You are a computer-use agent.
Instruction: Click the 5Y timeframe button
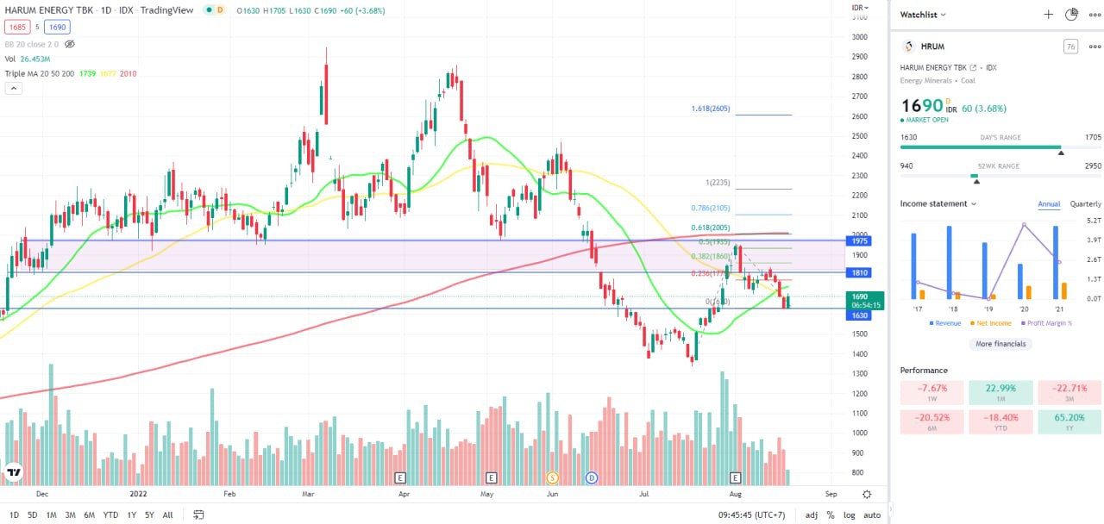click(x=149, y=515)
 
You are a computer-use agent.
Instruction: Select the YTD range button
click(x=110, y=515)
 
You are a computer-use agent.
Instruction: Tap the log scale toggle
click(x=850, y=515)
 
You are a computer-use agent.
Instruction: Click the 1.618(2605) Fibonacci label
click(x=712, y=109)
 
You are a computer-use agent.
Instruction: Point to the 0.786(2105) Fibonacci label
click(x=711, y=208)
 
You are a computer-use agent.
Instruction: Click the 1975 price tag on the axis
click(x=860, y=241)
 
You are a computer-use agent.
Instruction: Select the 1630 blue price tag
click(x=860, y=315)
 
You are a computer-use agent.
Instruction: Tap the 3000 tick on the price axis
click(x=860, y=37)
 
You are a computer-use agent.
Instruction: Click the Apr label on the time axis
click(x=403, y=495)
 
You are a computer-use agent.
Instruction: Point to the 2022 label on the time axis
click(x=139, y=495)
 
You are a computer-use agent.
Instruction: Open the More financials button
click(x=1000, y=344)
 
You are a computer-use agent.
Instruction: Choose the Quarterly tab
click(x=1085, y=204)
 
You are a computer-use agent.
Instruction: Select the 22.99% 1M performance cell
click(x=1000, y=393)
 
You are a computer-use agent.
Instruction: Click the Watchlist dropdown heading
click(x=923, y=15)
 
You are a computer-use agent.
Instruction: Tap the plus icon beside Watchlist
click(x=1048, y=15)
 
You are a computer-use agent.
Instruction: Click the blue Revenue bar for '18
click(x=949, y=263)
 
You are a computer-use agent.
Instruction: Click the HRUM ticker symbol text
click(x=932, y=47)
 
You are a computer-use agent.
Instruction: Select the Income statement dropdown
click(x=938, y=204)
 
